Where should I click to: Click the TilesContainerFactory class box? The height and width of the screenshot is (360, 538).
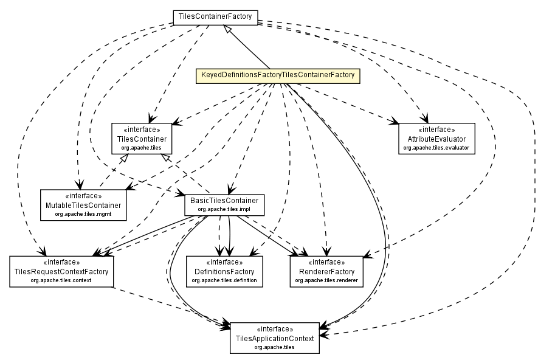coord(216,18)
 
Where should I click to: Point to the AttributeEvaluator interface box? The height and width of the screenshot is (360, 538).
coord(436,139)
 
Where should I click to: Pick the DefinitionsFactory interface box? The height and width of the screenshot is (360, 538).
coord(224,272)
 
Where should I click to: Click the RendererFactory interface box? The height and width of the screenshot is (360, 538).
coord(326,272)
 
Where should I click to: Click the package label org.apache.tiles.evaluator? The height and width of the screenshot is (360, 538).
coord(436,148)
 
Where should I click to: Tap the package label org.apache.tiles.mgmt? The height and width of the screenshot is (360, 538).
coord(84,215)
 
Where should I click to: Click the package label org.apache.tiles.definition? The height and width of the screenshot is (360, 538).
coord(224,281)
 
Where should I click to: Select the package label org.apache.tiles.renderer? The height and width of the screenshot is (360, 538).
coord(326,281)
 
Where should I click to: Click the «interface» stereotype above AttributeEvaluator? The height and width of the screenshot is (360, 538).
coord(436,130)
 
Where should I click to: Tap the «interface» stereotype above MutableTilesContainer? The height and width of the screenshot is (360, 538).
coord(84,196)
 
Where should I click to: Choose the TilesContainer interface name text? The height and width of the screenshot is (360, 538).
coord(142,139)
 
